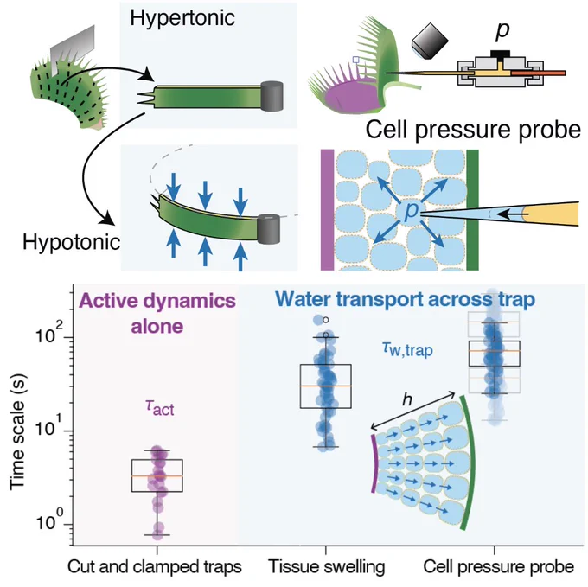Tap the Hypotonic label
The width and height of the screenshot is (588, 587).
click(71, 243)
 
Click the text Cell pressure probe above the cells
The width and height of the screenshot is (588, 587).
click(473, 130)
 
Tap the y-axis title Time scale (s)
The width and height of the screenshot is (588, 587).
click(17, 431)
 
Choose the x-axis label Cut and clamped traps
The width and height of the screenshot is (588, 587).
click(155, 567)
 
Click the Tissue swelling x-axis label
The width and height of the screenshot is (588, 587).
click(327, 567)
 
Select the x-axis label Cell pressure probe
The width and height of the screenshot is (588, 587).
click(499, 567)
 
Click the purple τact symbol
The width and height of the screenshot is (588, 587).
click(159, 407)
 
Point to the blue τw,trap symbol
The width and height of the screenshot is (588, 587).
click(407, 349)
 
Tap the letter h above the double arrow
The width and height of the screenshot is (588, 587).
click(407, 399)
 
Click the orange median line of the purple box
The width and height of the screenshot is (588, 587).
click(157, 476)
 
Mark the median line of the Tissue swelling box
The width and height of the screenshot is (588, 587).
click(326, 386)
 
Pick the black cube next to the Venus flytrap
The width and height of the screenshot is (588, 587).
click(430, 40)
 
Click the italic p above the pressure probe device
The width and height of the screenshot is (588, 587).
click(502, 31)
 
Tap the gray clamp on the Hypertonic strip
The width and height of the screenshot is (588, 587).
click(272, 96)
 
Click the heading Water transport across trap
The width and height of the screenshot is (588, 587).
click(405, 299)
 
